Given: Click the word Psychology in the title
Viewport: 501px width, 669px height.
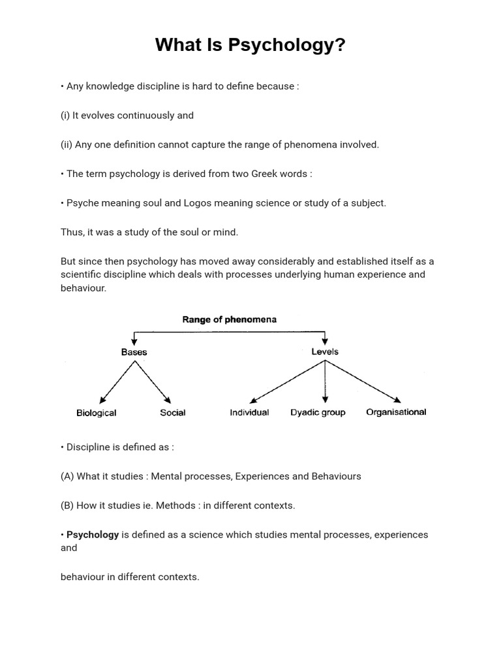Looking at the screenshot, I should pos(287,46).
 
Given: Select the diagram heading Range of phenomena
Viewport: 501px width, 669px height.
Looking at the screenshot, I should pos(228,319).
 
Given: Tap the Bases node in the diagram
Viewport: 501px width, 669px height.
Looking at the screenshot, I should pos(134,351).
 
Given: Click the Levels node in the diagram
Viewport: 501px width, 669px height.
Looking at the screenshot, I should pos(325,351).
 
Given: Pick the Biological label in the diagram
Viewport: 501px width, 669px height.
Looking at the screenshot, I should pos(97,413).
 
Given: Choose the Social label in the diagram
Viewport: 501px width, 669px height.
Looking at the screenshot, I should pos(173,413).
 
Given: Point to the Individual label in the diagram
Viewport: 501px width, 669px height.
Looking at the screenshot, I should pos(249,413).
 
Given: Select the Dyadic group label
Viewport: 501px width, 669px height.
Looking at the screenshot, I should pos(318,413).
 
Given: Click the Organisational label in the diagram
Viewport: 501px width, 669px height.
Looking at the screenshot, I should pos(396,412).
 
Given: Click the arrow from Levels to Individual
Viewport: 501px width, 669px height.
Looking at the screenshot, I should pos(287,382).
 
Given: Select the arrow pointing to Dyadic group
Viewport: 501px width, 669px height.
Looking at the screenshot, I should pos(325,382).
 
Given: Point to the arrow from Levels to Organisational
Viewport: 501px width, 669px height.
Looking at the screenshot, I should pos(363,382).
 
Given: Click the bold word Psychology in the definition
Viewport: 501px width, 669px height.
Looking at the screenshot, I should pos(93,534).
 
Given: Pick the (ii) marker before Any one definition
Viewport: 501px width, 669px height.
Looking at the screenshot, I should pos(67,144).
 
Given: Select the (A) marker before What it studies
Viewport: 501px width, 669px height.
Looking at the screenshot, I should pos(67,476).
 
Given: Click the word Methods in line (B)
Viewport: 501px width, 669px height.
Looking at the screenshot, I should pos(178,506).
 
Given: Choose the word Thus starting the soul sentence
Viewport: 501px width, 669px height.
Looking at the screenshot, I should pos(71,232).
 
